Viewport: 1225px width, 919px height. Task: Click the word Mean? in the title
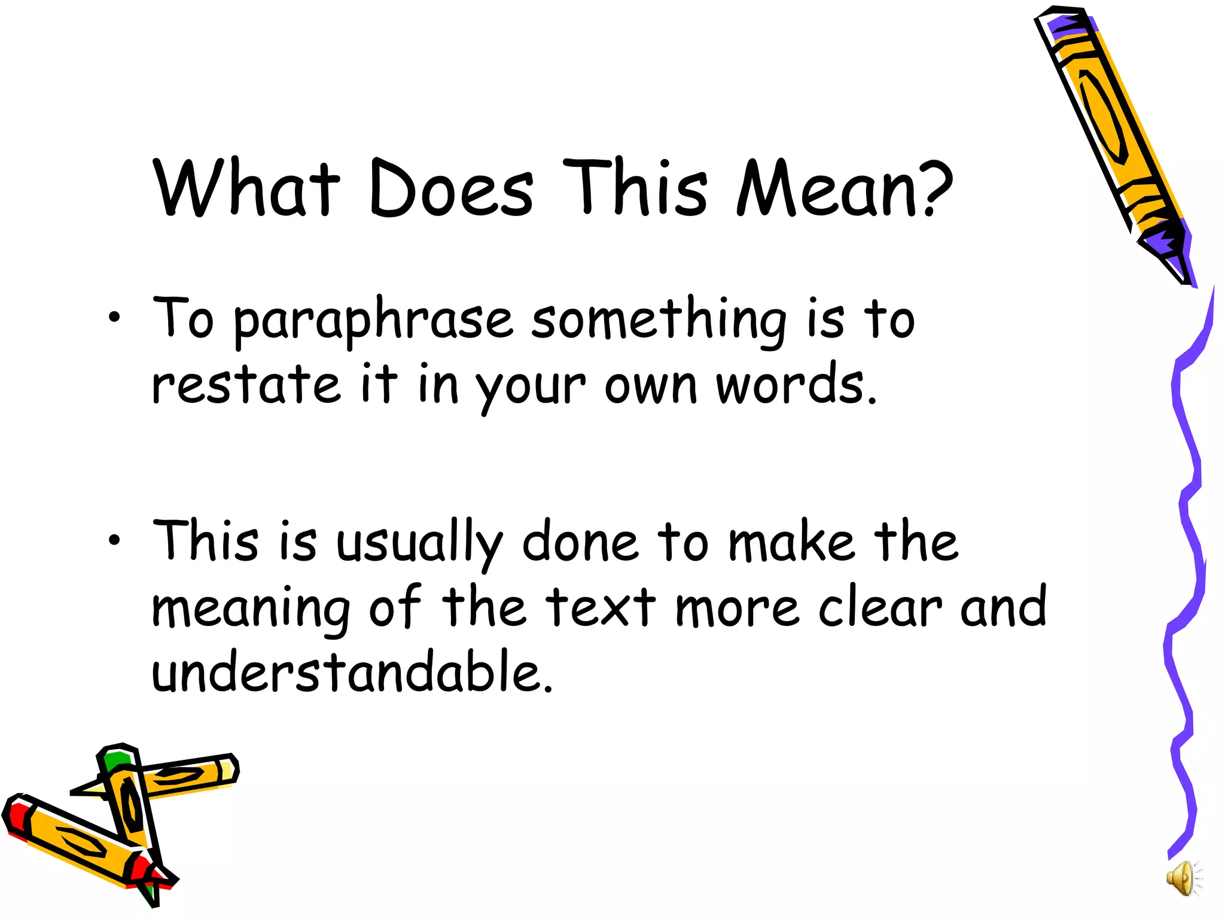coord(843,189)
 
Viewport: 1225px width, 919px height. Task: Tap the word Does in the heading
coord(452,189)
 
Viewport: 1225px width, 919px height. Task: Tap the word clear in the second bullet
coord(880,608)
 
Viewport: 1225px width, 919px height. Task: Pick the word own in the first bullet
coord(651,386)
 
